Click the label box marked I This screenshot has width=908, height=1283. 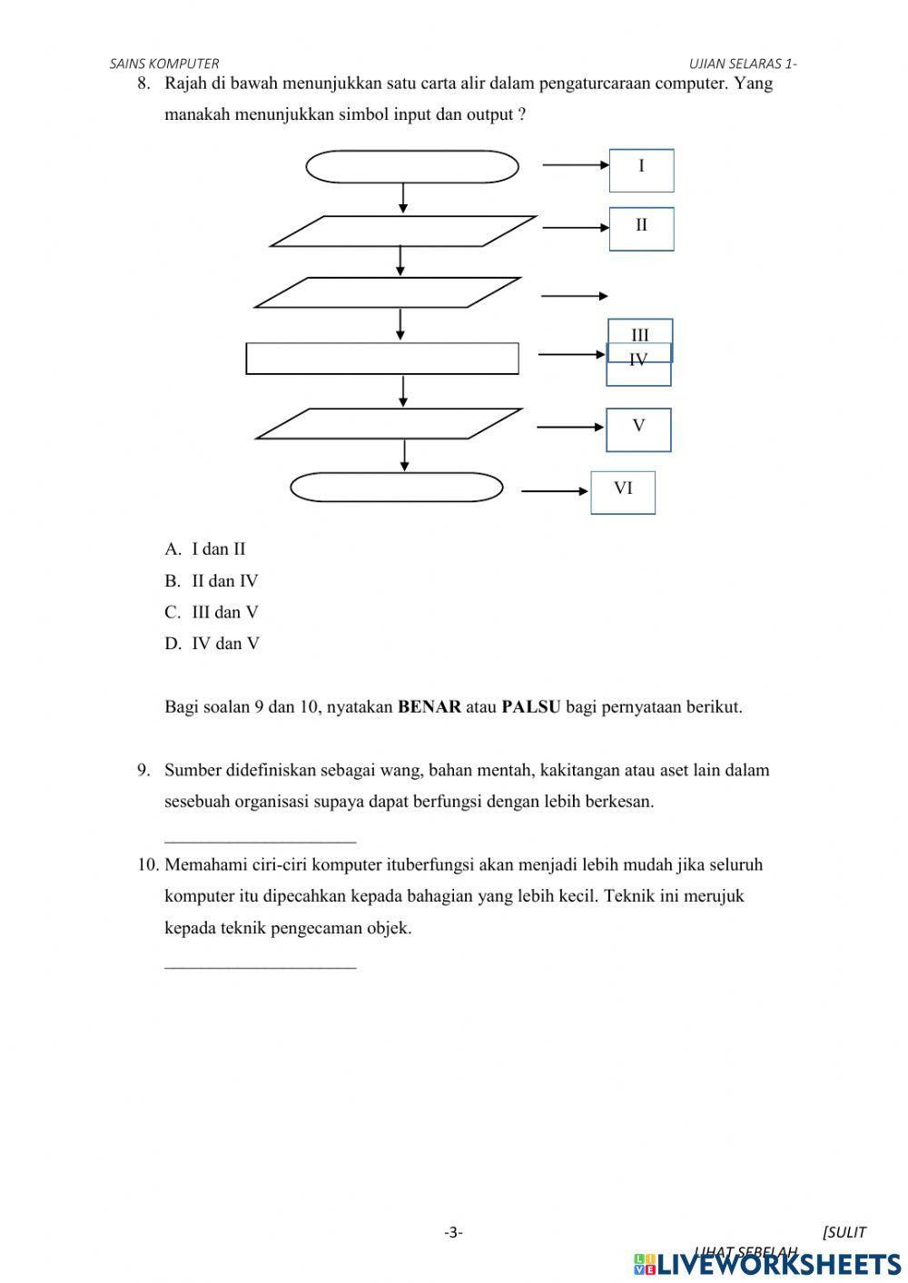(641, 171)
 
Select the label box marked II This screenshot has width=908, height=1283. (641, 229)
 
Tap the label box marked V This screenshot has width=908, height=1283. (638, 429)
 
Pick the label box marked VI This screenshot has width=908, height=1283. (623, 492)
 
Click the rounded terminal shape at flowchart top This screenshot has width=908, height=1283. (412, 167)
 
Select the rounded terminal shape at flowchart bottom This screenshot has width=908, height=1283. (397, 488)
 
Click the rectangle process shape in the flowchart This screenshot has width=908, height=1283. (382, 359)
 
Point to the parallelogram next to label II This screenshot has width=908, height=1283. (403, 232)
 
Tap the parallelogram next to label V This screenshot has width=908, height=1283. (389, 424)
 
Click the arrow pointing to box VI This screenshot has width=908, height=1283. (555, 492)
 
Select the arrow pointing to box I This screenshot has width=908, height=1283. (576, 165)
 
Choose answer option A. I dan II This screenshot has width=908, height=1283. (205, 549)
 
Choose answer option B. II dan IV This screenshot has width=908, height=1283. (212, 581)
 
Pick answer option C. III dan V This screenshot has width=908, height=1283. (212, 613)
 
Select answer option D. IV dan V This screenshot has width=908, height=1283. (212, 644)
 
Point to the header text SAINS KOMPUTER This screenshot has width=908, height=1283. (164, 64)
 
